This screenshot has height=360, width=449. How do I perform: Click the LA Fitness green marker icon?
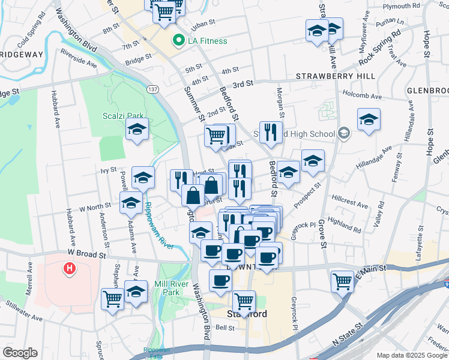point(178,41)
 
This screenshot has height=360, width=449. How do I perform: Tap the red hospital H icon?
point(70,268)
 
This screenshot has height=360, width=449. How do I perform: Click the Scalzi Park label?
point(114,116)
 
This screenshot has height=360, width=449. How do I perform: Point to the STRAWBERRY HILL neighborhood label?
point(336,76)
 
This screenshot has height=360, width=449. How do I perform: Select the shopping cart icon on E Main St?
point(342,280)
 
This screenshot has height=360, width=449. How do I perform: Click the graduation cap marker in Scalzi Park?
point(137,130)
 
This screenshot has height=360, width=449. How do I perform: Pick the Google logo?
point(20,353)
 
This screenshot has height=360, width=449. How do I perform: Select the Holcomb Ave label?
point(361,95)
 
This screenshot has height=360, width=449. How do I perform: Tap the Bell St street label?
point(224,328)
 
